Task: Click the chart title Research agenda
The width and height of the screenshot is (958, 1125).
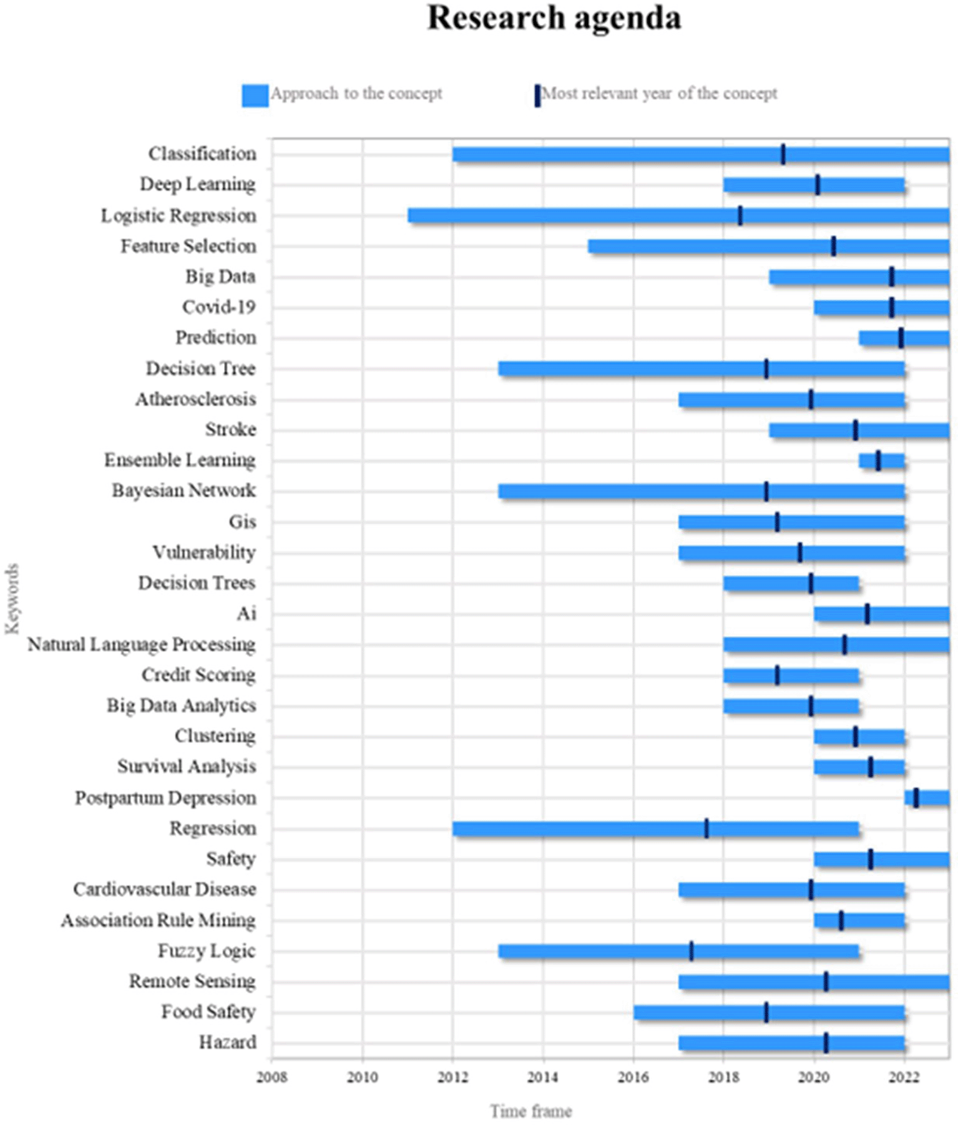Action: click(x=554, y=17)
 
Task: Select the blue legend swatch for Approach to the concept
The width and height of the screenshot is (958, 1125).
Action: click(x=255, y=96)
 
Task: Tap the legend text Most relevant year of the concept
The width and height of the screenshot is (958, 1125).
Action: click(x=659, y=94)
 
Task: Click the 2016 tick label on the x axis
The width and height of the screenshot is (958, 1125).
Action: click(x=633, y=1078)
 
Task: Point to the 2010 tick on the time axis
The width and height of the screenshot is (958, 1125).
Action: click(x=362, y=1078)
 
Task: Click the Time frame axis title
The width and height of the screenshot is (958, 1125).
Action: click(x=530, y=1111)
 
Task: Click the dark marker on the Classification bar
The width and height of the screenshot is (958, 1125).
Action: click(x=783, y=154)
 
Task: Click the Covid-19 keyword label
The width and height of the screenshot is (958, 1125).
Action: click(x=218, y=307)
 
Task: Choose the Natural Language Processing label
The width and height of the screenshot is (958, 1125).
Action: click(x=141, y=644)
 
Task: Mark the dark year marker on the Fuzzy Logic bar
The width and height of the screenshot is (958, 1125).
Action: click(x=691, y=951)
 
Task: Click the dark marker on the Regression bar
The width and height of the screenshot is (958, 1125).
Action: click(x=706, y=828)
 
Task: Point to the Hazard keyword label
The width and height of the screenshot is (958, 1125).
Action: click(x=227, y=1043)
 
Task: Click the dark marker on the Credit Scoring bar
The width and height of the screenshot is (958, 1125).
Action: click(x=777, y=675)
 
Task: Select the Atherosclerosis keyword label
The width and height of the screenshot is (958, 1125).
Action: click(x=195, y=399)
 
